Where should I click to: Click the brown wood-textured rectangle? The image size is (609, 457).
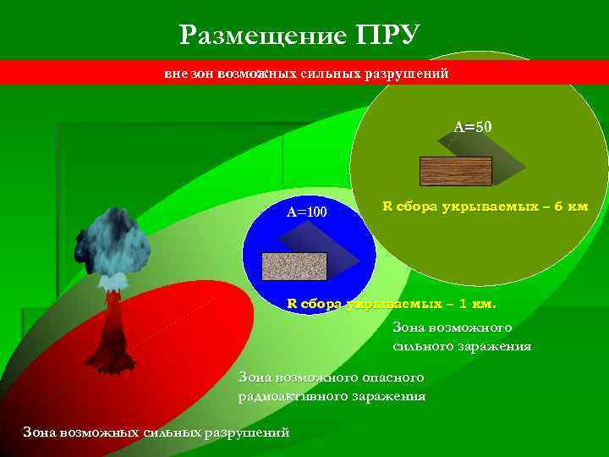455,171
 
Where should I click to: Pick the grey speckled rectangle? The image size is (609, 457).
294,266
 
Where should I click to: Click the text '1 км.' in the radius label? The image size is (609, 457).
477,303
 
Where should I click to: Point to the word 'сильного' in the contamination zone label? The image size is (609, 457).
420,345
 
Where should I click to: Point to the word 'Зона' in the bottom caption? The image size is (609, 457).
40,432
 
